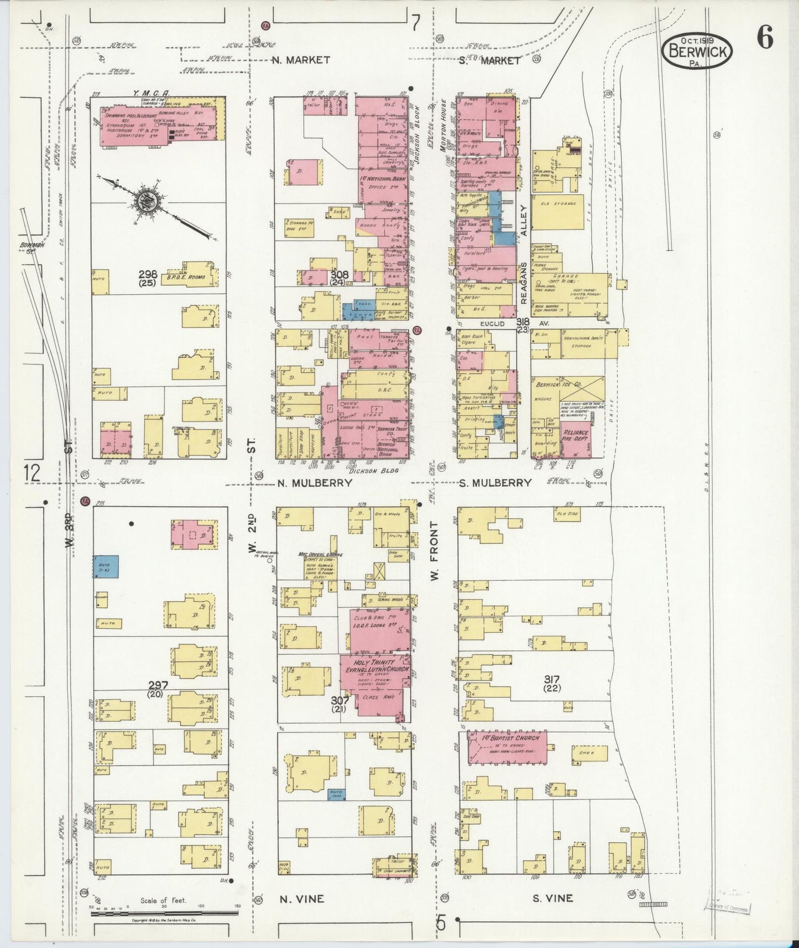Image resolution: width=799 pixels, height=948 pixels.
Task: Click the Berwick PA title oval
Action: pyautogui.click(x=698, y=50)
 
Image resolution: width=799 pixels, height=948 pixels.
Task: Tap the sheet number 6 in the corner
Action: pyautogui.click(x=765, y=40)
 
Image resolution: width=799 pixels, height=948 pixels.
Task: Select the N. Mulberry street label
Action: pyautogui.click(x=315, y=483)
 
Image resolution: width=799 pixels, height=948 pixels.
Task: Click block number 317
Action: pyautogui.click(x=551, y=679)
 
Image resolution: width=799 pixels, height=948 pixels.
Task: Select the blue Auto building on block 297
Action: pyautogui.click(x=105, y=567)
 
